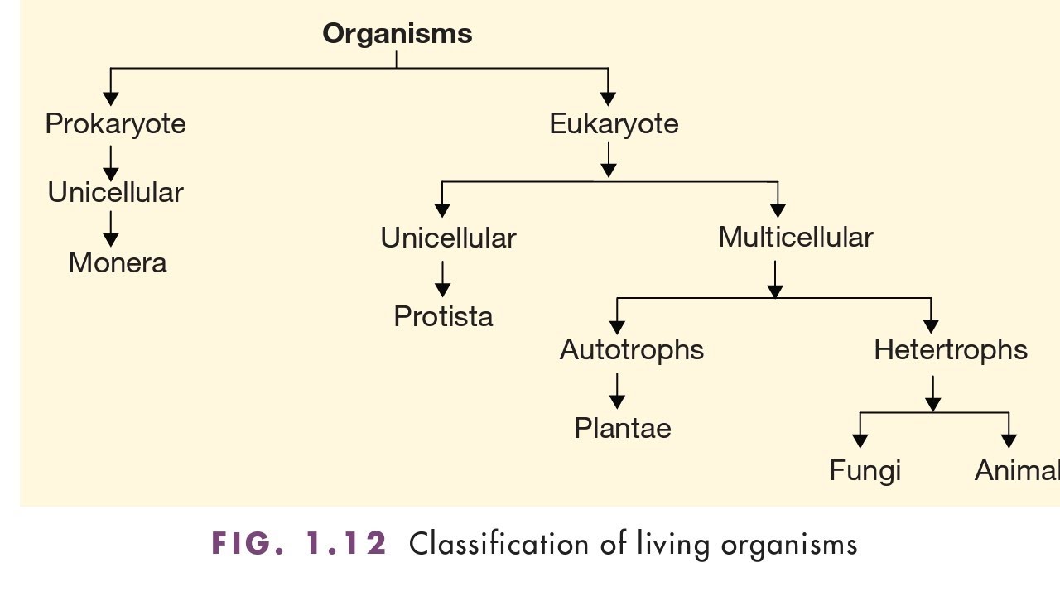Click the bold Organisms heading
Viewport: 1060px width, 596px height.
(397, 34)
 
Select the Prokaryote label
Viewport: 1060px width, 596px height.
(115, 124)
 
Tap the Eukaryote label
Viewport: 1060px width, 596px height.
(614, 124)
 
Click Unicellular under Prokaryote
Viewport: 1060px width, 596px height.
(115, 193)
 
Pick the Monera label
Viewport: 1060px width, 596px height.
(118, 263)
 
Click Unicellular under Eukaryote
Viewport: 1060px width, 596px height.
(448, 238)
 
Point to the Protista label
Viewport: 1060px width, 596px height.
(443, 316)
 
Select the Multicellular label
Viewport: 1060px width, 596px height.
(795, 238)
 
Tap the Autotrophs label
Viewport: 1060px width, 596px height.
(632, 349)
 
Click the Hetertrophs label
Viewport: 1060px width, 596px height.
(951, 349)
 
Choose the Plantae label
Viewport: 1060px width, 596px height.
(623, 428)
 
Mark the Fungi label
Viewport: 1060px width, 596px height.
(865, 471)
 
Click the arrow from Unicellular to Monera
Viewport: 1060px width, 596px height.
(111, 228)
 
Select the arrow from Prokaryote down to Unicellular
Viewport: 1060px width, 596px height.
(111, 162)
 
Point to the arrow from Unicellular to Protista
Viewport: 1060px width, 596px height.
(443, 278)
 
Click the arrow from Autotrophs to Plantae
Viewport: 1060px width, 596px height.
(617, 390)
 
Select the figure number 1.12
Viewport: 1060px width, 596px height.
(346, 544)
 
